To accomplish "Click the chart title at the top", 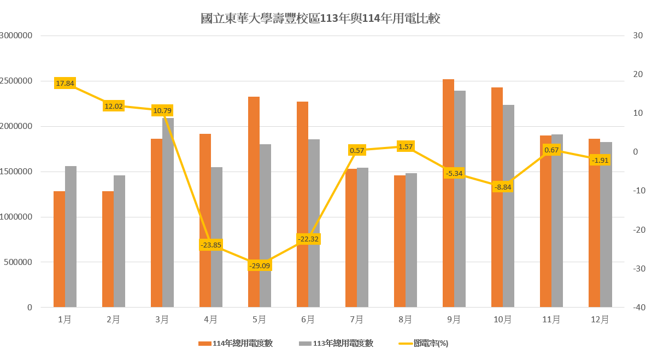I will click(320, 19).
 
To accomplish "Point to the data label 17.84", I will click(65, 84).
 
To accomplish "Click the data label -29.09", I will click(259, 265).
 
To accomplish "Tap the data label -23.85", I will click(211, 245).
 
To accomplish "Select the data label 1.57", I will click(406, 146).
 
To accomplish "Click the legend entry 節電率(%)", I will click(423, 344).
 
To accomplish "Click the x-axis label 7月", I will click(356, 320).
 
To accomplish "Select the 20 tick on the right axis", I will click(637, 74).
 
